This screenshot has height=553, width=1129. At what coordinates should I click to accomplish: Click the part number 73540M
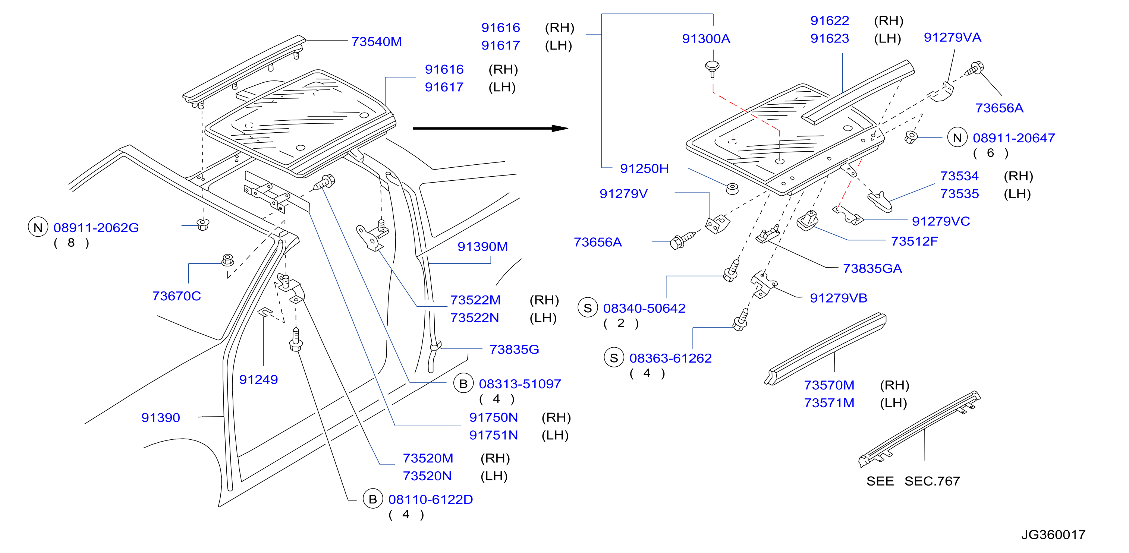[377, 42]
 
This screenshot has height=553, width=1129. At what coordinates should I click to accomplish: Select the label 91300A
[706, 38]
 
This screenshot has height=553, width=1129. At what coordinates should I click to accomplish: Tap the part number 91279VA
[952, 37]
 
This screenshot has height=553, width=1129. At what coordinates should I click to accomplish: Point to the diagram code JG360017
[1053, 535]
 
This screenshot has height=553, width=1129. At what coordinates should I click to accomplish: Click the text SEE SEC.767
[913, 481]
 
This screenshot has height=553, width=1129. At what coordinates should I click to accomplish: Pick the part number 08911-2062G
[96, 228]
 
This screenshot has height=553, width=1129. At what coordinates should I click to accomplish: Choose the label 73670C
[176, 296]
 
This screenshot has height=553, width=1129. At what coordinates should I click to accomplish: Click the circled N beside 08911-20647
[957, 138]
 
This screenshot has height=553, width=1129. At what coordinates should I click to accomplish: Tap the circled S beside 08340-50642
[588, 308]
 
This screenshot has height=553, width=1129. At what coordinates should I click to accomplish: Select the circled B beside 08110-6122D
[373, 499]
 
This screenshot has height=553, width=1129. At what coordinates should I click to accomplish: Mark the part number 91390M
[482, 247]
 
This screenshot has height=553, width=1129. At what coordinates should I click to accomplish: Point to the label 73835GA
[872, 269]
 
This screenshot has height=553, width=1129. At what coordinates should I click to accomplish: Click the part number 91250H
[644, 169]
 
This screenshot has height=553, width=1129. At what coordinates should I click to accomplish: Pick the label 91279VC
[941, 221]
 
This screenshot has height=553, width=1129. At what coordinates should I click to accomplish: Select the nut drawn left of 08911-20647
[911, 137]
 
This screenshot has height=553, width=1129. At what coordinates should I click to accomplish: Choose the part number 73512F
[914, 241]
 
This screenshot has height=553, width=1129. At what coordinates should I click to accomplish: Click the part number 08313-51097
[520, 384]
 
